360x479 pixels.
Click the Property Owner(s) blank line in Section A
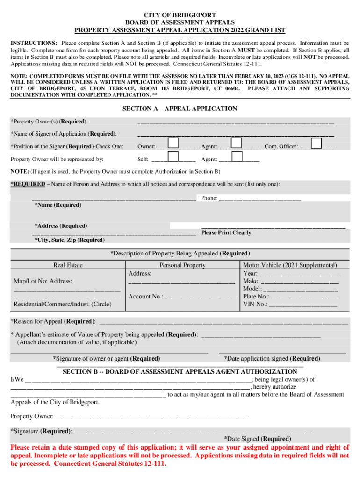pyautogui.click(x=235, y=123)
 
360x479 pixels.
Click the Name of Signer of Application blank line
pyautogui.click(x=235, y=135)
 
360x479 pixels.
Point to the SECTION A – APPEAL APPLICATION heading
pyautogui.click(x=180, y=109)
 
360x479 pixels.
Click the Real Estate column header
pyautogui.click(x=68, y=265)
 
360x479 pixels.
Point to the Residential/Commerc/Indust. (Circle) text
pyautogui.click(x=62, y=305)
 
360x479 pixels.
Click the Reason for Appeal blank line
pyautogui.click(x=224, y=322)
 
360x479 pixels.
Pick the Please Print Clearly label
pyautogui.click(x=226, y=232)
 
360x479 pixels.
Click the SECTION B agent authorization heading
pyautogui.click(x=180, y=372)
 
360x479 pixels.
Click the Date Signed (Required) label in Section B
pyautogui.click(x=257, y=439)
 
